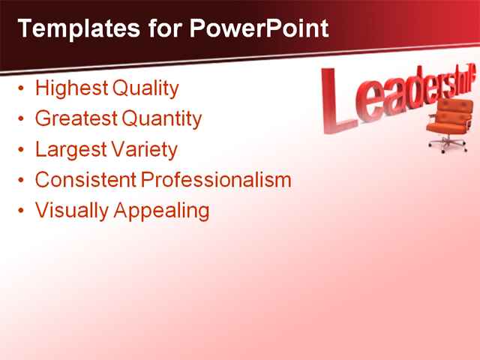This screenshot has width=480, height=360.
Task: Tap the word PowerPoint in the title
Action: (x=259, y=28)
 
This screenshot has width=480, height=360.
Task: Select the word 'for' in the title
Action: (x=163, y=28)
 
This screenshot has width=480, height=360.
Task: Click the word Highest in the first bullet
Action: (x=70, y=88)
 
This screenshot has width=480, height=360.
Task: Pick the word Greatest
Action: (x=75, y=118)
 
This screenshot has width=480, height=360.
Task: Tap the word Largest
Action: (x=69, y=150)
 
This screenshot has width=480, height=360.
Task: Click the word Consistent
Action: (x=85, y=180)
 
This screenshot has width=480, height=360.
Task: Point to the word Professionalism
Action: (x=217, y=180)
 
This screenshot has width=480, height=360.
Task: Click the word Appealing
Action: (x=161, y=211)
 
